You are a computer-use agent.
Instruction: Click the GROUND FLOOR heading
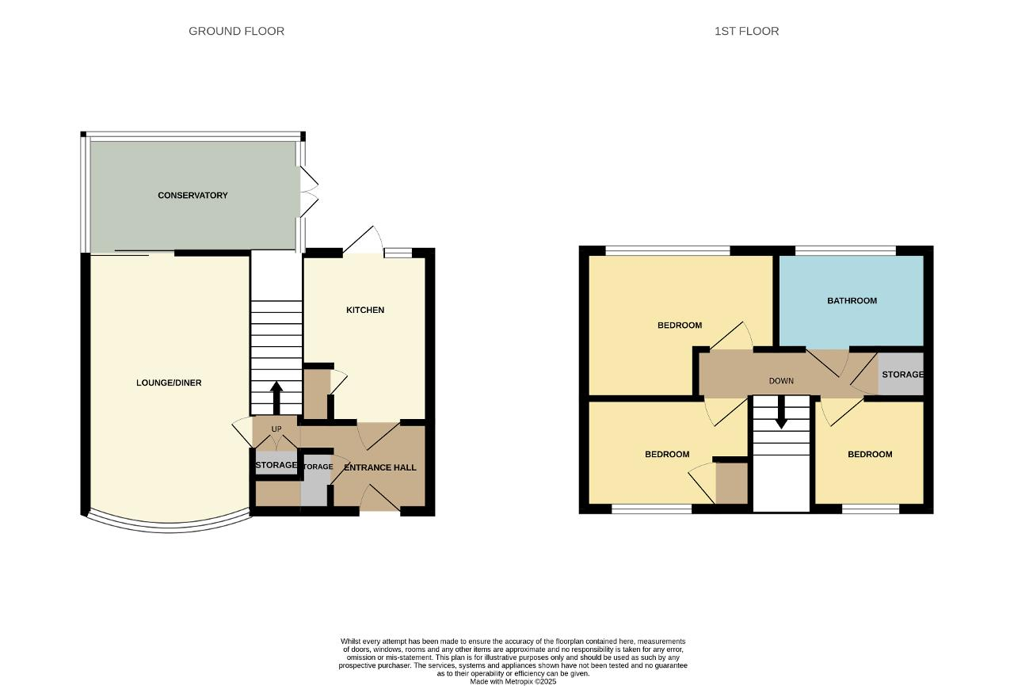(x=236, y=31)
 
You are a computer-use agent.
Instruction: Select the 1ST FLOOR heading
(x=746, y=31)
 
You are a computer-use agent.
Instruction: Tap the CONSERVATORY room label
(x=193, y=196)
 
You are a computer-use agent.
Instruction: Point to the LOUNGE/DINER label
(x=169, y=383)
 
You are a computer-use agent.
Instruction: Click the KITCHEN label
(x=365, y=310)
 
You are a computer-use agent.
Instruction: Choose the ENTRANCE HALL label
(x=379, y=467)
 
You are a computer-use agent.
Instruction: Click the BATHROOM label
(x=852, y=301)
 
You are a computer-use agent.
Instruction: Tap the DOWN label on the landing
(x=781, y=381)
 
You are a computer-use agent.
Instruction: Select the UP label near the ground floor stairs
(x=276, y=429)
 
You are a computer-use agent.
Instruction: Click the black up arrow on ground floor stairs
(x=276, y=398)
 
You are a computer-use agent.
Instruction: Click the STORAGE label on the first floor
(x=902, y=375)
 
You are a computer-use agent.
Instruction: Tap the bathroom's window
(x=845, y=250)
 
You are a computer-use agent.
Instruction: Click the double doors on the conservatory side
(x=309, y=192)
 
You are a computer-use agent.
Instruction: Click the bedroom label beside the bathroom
(x=680, y=326)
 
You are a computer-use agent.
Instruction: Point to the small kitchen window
(x=398, y=253)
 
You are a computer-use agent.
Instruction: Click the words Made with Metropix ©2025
(x=513, y=681)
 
